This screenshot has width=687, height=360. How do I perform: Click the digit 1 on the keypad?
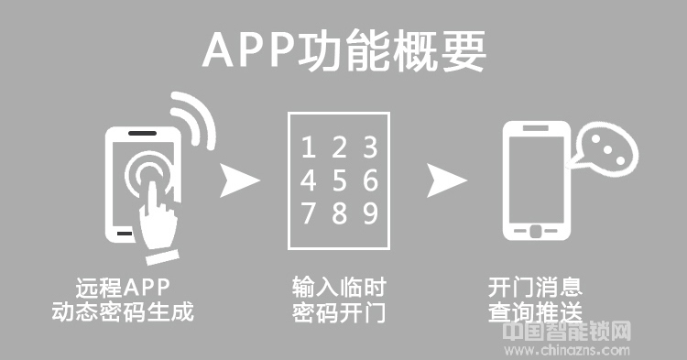pyautogui.click(x=309, y=147)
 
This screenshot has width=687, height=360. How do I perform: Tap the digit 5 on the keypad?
pyautogui.click(x=339, y=180)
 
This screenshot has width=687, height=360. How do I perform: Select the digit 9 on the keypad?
pyautogui.click(x=369, y=213)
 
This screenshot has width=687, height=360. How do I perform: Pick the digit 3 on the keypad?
pyautogui.click(x=369, y=147)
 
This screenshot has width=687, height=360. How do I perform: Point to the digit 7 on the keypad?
pyautogui.click(x=309, y=213)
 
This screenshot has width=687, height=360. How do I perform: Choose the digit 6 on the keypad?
pyautogui.click(x=369, y=180)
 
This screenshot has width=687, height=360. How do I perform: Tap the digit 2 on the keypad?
pyautogui.click(x=339, y=147)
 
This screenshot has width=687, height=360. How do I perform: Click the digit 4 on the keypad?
pyautogui.click(x=309, y=180)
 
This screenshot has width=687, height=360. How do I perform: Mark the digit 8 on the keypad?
pyautogui.click(x=339, y=213)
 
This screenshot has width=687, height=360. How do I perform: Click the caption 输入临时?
pyautogui.click(x=339, y=286)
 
